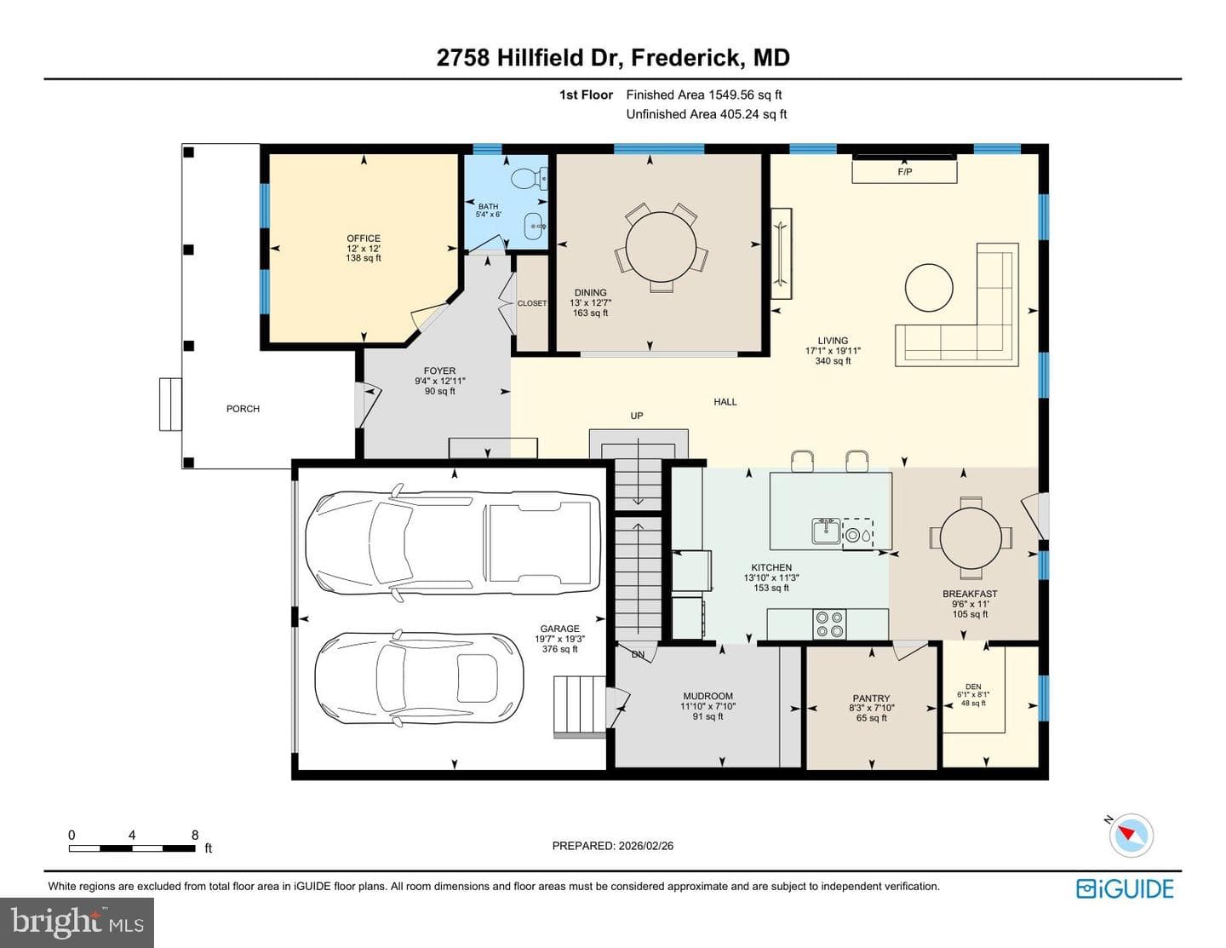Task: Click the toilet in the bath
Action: pos(529,179)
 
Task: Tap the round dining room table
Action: pos(661,245)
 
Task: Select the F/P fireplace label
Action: pos(904,171)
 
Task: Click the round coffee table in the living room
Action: pos(929,288)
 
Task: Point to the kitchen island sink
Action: pos(826,531)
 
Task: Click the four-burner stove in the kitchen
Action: pos(828,623)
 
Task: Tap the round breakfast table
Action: pos(971,537)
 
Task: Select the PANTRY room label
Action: pos(871,698)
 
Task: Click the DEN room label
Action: pos(972,687)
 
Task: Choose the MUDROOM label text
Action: pos(708,696)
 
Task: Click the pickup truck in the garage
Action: pos(452,543)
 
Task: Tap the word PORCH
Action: pos(243,409)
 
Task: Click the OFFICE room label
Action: pos(364,238)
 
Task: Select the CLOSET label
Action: pos(532,303)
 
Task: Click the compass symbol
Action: pos(1131,836)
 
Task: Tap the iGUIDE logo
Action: pos(1125,888)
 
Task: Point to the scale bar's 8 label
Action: pos(195,835)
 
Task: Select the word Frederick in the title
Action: pos(685,58)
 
